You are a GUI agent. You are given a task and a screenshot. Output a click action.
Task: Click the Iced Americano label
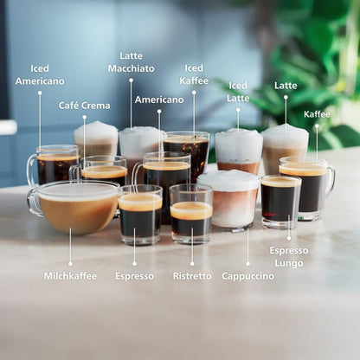point(40,74)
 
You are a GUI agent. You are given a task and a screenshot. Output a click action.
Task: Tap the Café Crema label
point(84,106)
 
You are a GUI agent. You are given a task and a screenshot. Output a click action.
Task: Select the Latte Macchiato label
point(132,62)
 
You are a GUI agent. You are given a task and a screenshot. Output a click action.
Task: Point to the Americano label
point(159,100)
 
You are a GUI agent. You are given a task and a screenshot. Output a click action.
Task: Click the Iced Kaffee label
point(194,74)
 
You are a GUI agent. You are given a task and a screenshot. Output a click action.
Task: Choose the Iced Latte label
point(238,92)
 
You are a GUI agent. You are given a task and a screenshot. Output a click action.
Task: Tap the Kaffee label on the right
point(317,114)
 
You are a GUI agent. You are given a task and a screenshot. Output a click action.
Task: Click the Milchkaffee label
point(70,276)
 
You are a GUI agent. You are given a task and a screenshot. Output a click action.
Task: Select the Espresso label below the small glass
point(134,276)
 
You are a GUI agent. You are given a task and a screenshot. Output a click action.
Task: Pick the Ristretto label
point(191,276)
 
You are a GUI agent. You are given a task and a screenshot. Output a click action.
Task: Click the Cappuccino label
point(247,276)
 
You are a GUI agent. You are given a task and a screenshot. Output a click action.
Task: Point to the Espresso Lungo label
point(289,256)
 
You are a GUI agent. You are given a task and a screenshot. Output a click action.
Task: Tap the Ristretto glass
point(191,214)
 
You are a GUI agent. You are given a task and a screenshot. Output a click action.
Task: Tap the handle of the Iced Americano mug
point(32,170)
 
